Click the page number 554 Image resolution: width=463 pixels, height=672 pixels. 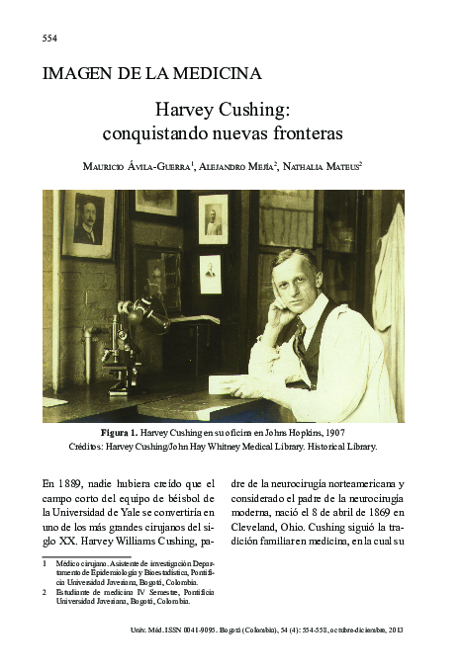tap(49, 38)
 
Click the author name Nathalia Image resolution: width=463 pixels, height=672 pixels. tap(302, 167)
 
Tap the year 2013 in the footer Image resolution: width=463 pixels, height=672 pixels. tap(396, 630)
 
